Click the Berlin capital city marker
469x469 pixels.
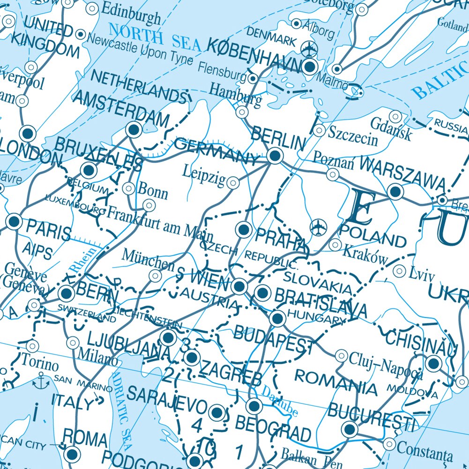[275, 155]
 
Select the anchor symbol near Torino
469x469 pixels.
[43, 379]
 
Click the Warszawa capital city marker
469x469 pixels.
[395, 192]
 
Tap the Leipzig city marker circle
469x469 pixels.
[232, 183]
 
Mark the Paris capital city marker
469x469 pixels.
[14, 222]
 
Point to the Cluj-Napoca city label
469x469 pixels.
[386, 365]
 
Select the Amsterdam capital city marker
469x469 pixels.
[134, 129]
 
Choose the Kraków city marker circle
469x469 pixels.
[335, 245]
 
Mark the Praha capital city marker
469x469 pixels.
[244, 230]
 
